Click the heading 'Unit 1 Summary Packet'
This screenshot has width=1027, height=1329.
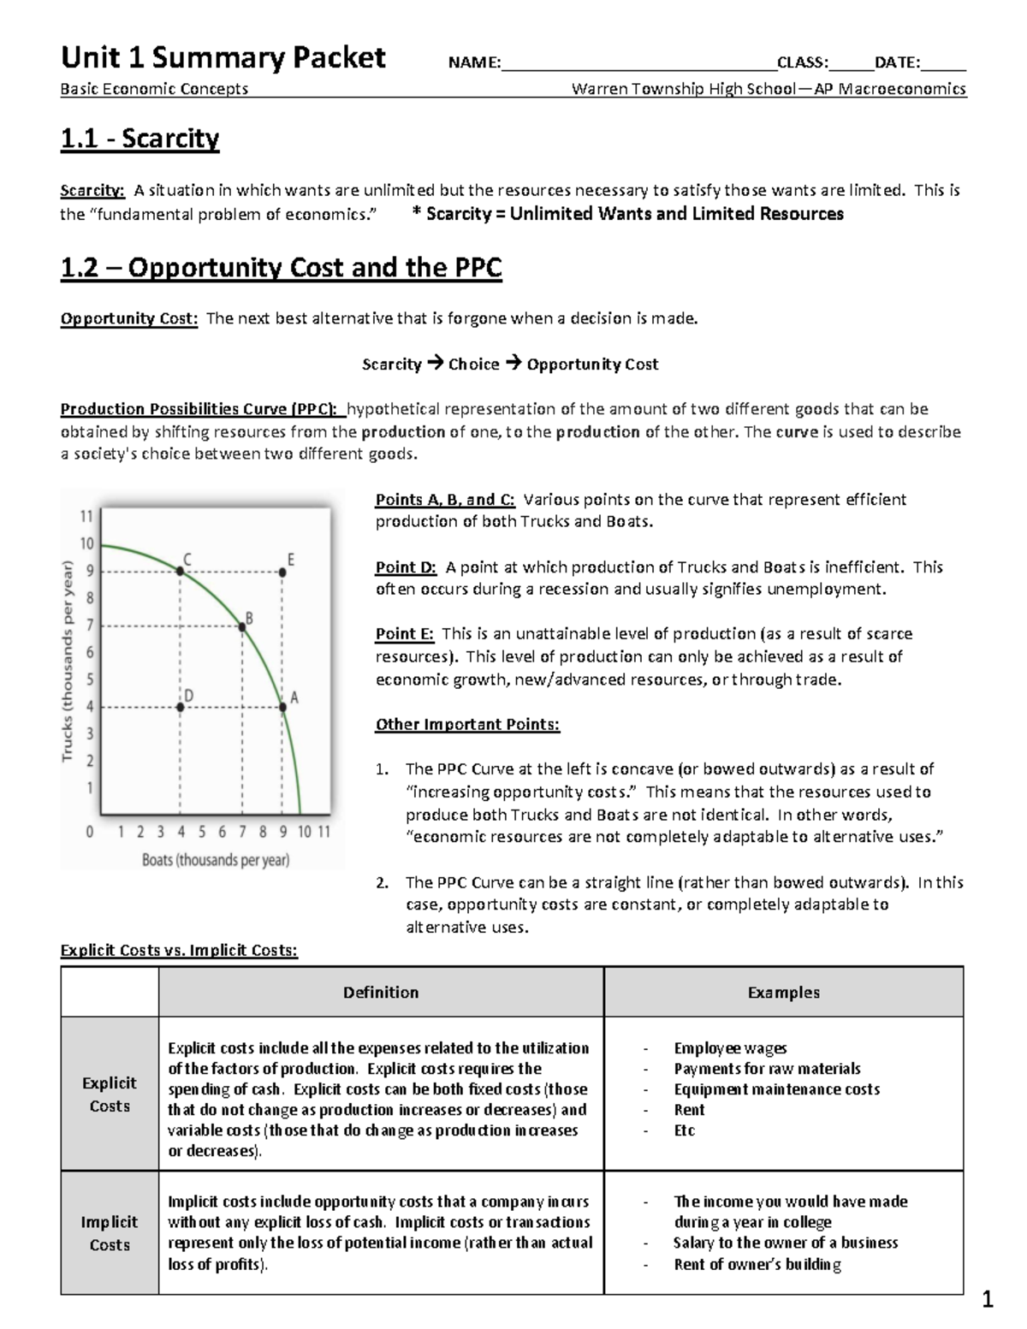click(223, 58)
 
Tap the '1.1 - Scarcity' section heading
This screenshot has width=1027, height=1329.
click(140, 139)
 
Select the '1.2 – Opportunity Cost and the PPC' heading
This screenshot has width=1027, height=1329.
click(281, 268)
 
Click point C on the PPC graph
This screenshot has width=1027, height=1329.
click(180, 571)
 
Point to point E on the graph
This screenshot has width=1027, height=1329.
click(283, 571)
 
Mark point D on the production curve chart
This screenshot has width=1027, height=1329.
click(180, 707)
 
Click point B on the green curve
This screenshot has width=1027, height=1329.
click(242, 627)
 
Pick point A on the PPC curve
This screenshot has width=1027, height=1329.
click(283, 707)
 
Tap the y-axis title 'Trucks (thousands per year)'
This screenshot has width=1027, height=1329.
click(68, 660)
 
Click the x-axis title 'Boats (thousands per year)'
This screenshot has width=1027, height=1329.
click(216, 859)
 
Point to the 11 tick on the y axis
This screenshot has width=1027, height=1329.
click(86, 516)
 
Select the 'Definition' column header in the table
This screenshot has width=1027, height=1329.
click(381, 992)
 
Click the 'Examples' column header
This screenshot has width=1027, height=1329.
click(783, 992)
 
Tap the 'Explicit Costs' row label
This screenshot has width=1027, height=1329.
click(110, 1094)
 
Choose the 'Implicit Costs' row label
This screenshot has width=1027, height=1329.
click(110, 1233)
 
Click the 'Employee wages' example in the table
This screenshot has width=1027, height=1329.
click(730, 1047)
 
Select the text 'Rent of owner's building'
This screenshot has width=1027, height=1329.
click(757, 1264)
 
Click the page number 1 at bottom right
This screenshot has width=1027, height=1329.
click(988, 1302)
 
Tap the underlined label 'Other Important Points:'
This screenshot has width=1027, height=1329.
click(467, 725)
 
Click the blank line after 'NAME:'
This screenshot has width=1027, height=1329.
click(638, 62)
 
